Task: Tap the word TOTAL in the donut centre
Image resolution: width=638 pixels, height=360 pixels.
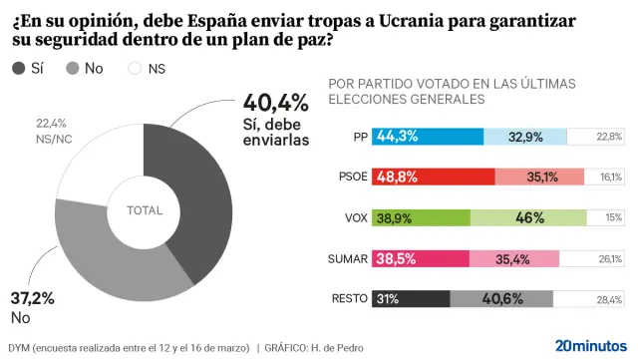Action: [145, 210]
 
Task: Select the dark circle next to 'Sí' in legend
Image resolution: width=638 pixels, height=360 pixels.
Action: [19, 68]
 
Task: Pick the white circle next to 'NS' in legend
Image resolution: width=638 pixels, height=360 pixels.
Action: [135, 68]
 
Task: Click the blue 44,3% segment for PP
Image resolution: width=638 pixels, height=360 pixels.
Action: [428, 137]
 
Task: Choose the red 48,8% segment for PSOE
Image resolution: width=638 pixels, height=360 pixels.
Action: [434, 177]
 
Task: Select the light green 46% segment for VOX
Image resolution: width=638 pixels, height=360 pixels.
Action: [528, 217]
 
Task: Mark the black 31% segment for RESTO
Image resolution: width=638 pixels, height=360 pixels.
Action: [411, 298]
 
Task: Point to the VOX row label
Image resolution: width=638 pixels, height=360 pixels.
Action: [353, 217]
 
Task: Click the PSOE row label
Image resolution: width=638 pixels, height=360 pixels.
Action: [348, 177]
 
